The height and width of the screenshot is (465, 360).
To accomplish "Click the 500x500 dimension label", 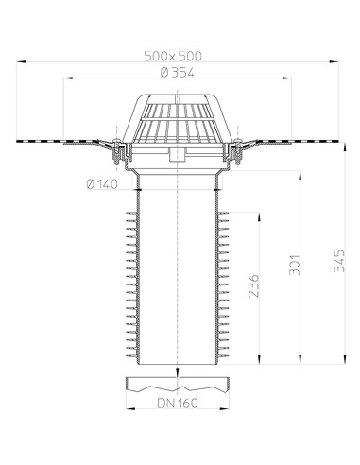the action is pyautogui.click(x=173, y=56).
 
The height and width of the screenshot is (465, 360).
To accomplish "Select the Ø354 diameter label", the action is pyautogui.click(x=178, y=73).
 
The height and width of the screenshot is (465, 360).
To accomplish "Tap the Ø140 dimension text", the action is pyautogui.click(x=102, y=183).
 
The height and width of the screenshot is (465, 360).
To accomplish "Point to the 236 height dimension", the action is pyautogui.click(x=254, y=286).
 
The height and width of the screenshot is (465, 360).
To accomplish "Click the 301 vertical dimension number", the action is pyautogui.click(x=295, y=265).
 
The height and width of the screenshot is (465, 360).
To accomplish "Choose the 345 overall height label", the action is pyautogui.click(x=339, y=261).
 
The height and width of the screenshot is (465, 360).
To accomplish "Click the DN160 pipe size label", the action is pyautogui.click(x=178, y=403).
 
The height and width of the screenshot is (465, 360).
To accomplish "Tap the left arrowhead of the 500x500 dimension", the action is pyautogui.click(x=21, y=62).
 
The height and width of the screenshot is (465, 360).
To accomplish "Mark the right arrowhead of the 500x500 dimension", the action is pyautogui.click(x=334, y=62).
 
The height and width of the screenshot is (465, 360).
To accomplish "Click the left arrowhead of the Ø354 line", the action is pyautogui.click(x=68, y=77).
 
